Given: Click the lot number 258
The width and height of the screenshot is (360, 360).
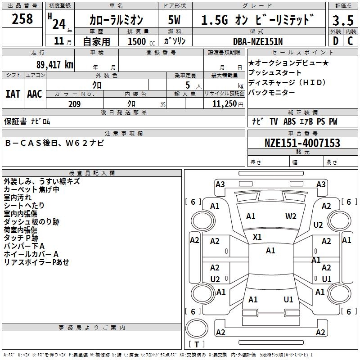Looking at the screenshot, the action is pos(22,19).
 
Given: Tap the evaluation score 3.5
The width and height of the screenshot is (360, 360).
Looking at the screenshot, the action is pos(342,20).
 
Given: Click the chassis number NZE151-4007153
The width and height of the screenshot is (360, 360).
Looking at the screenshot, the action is pos(302,143).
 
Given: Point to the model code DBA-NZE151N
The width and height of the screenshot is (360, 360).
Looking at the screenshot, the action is pos(258,41).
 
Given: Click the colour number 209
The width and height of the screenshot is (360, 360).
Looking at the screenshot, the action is pos(74,104).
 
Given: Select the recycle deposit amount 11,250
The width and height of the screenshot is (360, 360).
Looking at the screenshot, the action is pos(222,104).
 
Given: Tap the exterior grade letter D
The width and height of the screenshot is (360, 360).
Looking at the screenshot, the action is pos(335,41).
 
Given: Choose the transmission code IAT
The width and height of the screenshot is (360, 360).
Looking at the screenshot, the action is pos(13,94).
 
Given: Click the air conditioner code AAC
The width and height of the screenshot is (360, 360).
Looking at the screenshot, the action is pos(34,94).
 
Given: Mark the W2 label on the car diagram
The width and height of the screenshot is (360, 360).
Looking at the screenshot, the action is pos(291,216).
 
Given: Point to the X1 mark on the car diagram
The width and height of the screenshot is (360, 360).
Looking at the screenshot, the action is pos(257,237).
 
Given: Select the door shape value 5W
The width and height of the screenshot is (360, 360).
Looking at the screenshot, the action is pos(174,20).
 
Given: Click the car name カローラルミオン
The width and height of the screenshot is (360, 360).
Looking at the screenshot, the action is pos(116,20).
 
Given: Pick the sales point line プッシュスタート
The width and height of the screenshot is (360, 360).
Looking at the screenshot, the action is pos(275,72).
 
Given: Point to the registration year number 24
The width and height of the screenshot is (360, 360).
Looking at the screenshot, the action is pos(58,22).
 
